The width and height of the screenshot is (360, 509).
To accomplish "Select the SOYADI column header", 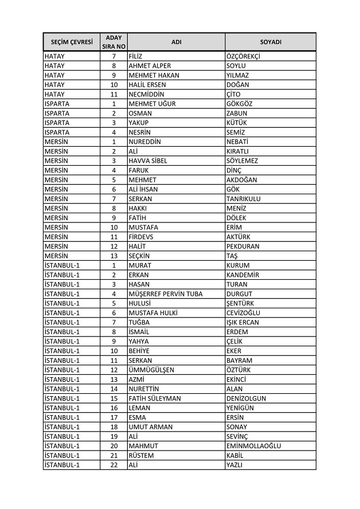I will point(270,42).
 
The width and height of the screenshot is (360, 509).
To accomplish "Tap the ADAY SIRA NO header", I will point(114,42).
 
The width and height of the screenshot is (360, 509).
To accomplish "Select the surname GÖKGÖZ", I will point(239,104).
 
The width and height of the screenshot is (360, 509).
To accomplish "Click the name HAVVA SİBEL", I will point(148,160).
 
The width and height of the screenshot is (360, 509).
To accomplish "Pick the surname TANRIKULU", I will point(244,198).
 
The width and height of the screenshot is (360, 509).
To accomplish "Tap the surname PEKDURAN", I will point(242,246).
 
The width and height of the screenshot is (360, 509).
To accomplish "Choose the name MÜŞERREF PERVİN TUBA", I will point(166,293).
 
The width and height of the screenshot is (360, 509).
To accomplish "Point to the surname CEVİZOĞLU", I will point(243,312).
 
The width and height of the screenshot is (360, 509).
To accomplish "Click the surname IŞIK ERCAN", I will point(242,322).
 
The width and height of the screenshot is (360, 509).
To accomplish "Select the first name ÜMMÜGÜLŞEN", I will point(151,370).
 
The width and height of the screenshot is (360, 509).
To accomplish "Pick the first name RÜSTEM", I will point(141,455).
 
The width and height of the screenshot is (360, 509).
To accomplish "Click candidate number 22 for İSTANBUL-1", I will point(114,465).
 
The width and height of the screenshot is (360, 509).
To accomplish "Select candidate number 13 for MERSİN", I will point(114,256).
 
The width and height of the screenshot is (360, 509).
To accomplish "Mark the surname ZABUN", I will point(237,113).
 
